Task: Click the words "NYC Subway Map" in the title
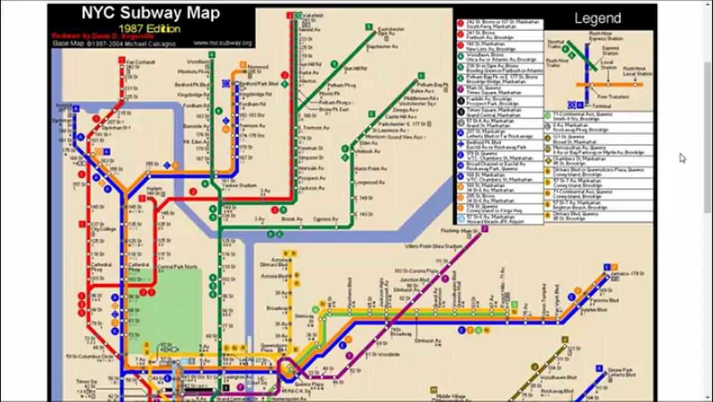(150, 13)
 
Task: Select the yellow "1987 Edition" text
(149, 28)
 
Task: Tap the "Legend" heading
(598, 18)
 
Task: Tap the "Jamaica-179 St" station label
(630, 274)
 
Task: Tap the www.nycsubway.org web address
(223, 43)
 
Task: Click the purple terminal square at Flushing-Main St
(485, 229)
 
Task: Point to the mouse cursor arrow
(682, 158)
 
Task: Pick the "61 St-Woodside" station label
(382, 354)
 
